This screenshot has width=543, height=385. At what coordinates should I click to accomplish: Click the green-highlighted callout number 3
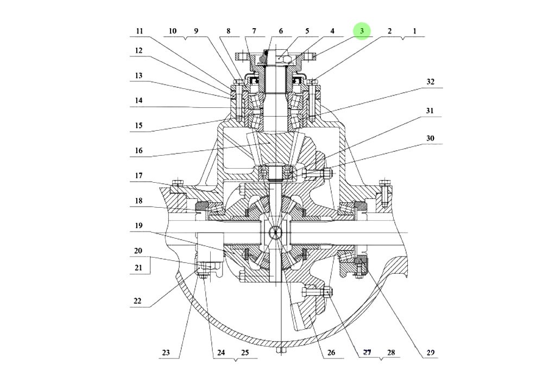[362, 31]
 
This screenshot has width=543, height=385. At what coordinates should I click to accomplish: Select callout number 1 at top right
[414, 31]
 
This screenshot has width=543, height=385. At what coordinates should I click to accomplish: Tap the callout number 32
[430, 82]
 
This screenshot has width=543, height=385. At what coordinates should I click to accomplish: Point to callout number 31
[430, 111]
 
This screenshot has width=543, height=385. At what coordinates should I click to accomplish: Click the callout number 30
[430, 138]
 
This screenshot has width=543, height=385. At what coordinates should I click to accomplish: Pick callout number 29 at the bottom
[430, 352]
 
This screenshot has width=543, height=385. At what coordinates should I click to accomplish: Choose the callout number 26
[332, 352]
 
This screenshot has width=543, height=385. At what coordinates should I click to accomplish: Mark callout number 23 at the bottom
[166, 352]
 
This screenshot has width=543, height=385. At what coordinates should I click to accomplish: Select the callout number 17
[139, 176]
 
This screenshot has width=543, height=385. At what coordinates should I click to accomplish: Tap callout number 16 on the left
[139, 151]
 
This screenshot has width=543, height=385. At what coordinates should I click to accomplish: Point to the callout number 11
[140, 31]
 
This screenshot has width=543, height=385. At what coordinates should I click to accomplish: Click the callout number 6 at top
[281, 31]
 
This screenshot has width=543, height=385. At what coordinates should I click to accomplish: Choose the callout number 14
[139, 100]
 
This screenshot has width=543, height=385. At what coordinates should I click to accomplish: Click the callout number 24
[220, 352]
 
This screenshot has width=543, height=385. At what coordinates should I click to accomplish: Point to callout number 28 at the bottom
[391, 352]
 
